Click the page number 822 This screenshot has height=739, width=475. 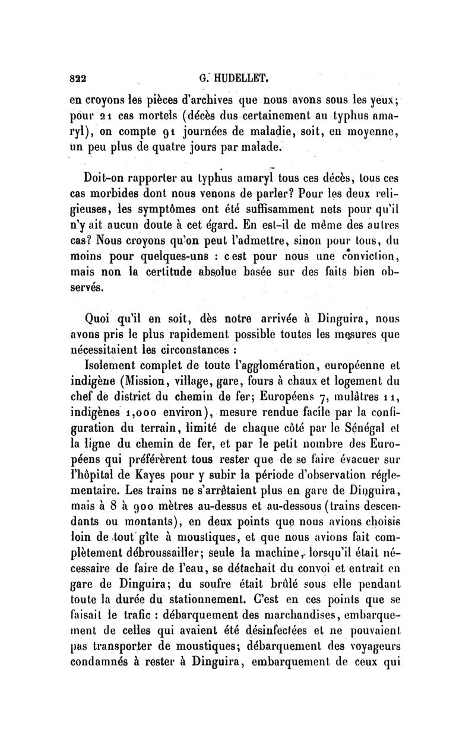coord(78,77)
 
